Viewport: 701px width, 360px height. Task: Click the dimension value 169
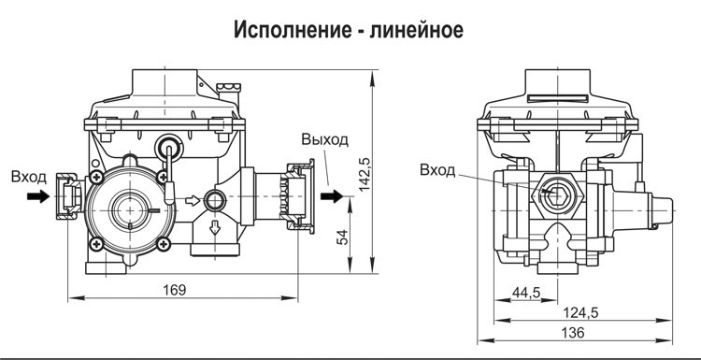175,290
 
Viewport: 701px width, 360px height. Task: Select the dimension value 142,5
365,174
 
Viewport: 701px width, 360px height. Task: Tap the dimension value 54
342,238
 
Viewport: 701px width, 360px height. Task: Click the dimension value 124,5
581,312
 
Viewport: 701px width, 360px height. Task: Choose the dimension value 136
573,332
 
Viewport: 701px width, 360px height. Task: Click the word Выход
324,139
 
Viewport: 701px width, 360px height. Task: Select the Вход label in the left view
29,177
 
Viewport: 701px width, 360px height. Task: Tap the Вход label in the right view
437,170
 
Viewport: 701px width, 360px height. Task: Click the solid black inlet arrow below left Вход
38,195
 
